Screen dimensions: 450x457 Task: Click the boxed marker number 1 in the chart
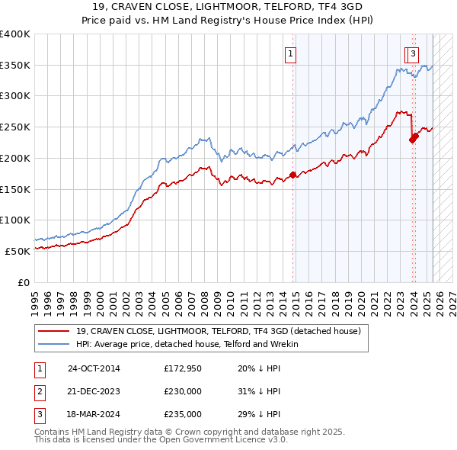(x=292, y=53)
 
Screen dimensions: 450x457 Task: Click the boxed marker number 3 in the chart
(x=412, y=53)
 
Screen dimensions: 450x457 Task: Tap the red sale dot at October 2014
(x=293, y=175)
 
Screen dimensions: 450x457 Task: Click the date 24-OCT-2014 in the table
(x=94, y=368)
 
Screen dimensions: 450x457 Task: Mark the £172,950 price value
(x=183, y=368)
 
